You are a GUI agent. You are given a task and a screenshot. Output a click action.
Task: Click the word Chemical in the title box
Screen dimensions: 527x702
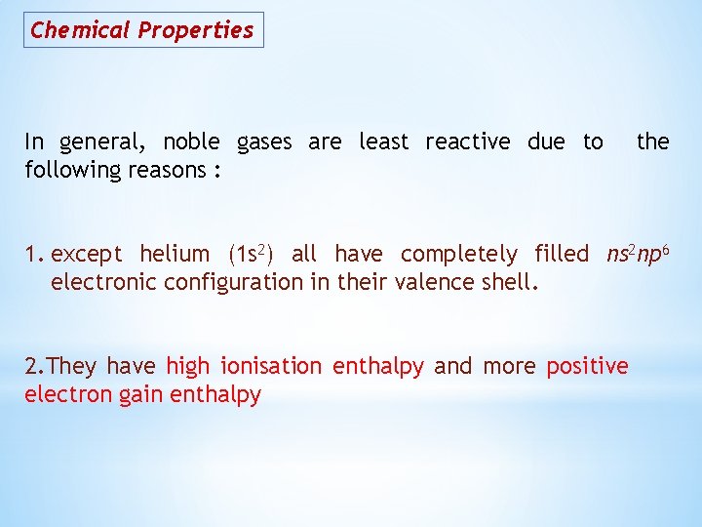(x=80, y=29)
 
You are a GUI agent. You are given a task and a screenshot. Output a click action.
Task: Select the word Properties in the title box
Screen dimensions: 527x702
(x=195, y=30)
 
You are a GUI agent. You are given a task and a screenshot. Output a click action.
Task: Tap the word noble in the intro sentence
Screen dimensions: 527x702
(x=191, y=142)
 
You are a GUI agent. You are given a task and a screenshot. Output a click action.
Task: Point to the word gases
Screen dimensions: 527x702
(x=263, y=142)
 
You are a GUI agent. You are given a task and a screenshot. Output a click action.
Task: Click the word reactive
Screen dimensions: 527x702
(x=469, y=142)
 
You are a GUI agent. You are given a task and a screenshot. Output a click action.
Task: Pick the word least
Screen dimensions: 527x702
(x=383, y=142)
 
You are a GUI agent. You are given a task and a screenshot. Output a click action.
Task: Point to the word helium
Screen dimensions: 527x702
(x=175, y=255)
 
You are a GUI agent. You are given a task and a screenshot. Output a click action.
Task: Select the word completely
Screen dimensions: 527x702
(x=459, y=255)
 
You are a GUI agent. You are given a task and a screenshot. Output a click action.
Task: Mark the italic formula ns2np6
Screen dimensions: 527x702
(x=638, y=255)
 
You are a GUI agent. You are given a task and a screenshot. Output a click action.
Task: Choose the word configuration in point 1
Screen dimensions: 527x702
(x=238, y=283)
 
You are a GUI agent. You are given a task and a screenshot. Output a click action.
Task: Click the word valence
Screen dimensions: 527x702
(x=433, y=283)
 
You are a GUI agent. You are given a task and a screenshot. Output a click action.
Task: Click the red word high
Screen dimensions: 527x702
(x=187, y=367)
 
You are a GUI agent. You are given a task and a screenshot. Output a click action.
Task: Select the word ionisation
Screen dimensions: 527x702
(x=271, y=367)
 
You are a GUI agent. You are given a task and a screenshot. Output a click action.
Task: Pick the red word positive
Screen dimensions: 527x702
(x=587, y=367)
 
